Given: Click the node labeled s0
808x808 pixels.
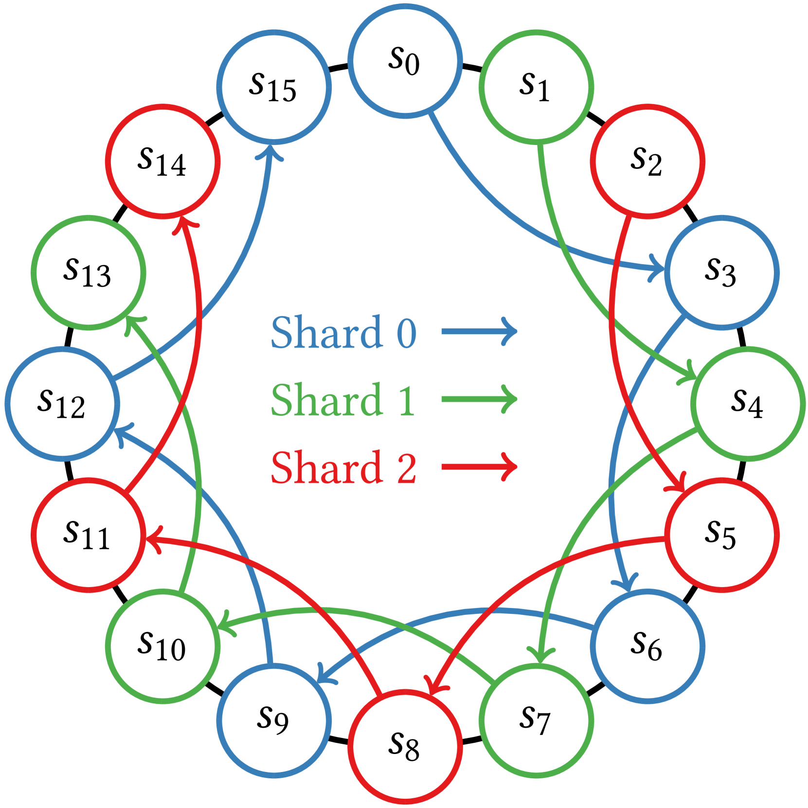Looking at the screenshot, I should pos(405,61).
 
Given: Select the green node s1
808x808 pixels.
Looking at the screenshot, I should pos(536,87).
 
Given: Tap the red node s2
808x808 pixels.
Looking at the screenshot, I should pos(647,162).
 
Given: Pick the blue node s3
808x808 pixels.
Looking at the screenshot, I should pos(722,272).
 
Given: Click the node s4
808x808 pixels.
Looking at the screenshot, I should pos(748,404).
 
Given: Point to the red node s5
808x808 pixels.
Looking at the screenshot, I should pos(722,535).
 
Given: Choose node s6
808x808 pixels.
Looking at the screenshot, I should pos(647,646).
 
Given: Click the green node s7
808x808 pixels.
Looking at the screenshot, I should pos(536,720).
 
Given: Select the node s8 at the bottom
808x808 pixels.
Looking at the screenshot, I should pos(405,747).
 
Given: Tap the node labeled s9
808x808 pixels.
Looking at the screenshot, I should pos(274,720).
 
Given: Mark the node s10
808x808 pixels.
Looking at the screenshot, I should pos(162,646).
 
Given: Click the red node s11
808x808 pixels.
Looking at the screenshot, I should pos(88,535).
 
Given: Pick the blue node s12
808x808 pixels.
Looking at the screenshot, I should pos(62,404).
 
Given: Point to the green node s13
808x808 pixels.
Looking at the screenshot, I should pos(88,272).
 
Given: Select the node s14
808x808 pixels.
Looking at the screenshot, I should pos(162,162).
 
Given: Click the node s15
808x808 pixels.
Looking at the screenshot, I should pos(274,87).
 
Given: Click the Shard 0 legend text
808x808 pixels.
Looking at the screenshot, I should pos(343,332).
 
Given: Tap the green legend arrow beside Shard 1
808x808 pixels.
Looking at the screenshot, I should pos(480,399).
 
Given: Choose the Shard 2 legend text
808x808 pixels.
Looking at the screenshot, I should pos(343,467).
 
